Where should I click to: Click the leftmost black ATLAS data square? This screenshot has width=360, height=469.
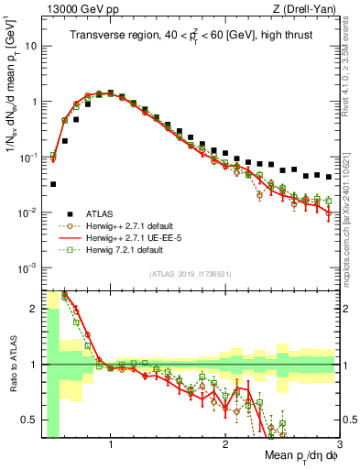[x=53, y=184]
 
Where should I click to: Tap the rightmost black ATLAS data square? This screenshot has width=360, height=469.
[x=329, y=177]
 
